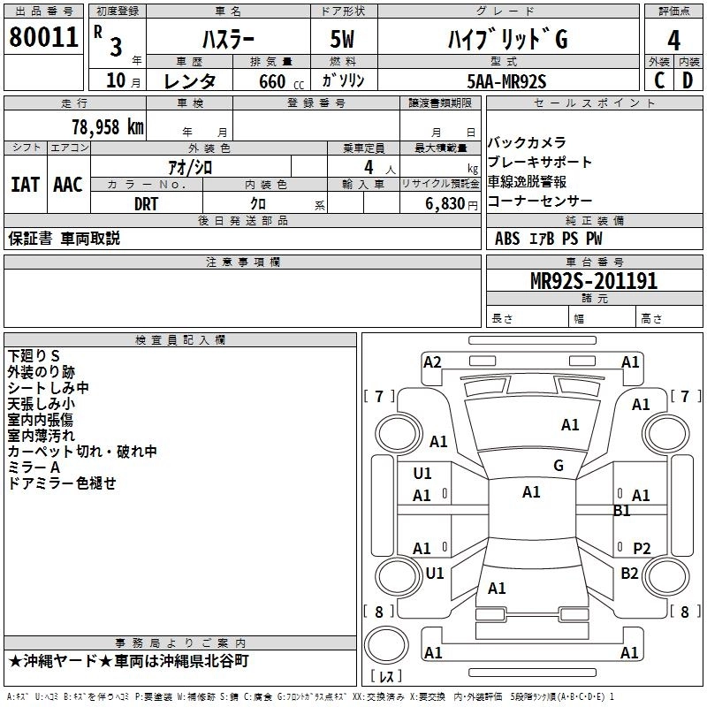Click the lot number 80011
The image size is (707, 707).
pyautogui.click(x=43, y=38)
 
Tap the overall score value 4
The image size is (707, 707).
pyautogui.click(x=673, y=39)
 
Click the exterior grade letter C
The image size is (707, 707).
pyautogui.click(x=658, y=80)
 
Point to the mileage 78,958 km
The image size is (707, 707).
pyautogui.click(x=107, y=126)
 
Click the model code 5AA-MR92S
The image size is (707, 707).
pyautogui.click(x=506, y=80)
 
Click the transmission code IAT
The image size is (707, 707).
pyautogui.click(x=25, y=185)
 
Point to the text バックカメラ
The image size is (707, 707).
pyautogui.click(x=527, y=143)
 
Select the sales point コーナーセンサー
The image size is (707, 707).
pyautogui.click(x=539, y=201)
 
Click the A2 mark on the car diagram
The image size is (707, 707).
pyautogui.click(x=432, y=361)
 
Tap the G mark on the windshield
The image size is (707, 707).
pyautogui.click(x=559, y=465)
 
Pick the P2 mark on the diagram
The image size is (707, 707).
pyautogui.click(x=642, y=548)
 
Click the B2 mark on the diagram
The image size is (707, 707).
pyautogui.click(x=629, y=574)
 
